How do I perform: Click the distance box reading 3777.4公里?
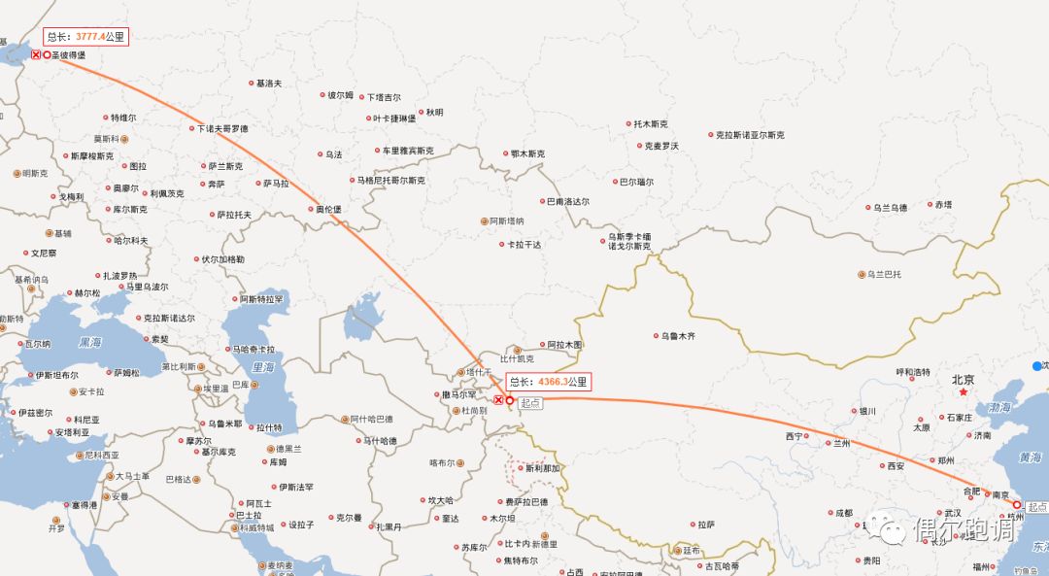coord(85,37)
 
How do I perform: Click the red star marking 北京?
coord(963,392)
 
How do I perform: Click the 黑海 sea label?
coord(89,343)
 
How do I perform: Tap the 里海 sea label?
coord(263,367)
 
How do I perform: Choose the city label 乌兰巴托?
coord(884,275)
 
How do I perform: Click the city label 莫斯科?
coord(106,139)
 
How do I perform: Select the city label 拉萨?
coord(706,525)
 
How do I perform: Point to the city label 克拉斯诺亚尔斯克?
coord(749,135)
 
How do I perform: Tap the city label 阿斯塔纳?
coord(506,221)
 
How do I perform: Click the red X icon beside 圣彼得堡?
coord(36,55)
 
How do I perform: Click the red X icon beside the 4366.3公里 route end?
coord(498,400)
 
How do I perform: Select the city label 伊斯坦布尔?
coord(56,375)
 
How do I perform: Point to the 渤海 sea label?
coord(999,409)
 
